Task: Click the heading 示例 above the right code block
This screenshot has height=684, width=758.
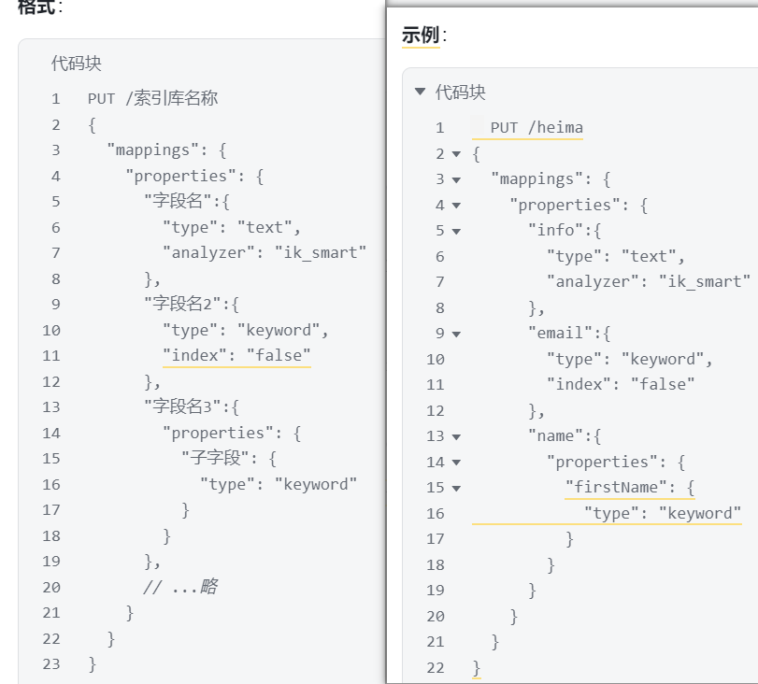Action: pos(420,36)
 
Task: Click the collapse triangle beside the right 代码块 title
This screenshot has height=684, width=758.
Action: pos(420,92)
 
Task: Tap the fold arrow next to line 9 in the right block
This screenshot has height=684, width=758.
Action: pos(456,334)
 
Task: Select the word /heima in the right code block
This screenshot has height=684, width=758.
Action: pos(555,128)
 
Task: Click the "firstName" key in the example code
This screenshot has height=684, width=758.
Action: pos(615,487)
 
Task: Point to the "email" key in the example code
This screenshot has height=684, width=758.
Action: pos(560,333)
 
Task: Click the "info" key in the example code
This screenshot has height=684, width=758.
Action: pos(556,230)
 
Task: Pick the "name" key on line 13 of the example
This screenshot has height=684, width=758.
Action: pos(556,436)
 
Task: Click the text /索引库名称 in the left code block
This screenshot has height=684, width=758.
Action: pos(172,98)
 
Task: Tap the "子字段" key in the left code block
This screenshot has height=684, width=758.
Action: pos(215,457)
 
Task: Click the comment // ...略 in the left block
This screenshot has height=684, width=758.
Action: pos(180,587)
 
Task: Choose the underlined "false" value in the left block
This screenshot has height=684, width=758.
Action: pos(279,355)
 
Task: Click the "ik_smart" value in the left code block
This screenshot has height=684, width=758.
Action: pos(320,252)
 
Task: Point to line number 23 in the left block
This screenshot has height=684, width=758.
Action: pos(51,664)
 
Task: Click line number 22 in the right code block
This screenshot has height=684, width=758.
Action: pos(435,668)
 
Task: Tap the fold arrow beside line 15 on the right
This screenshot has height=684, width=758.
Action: pos(456,488)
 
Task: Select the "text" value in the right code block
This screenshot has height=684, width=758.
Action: pos(649,256)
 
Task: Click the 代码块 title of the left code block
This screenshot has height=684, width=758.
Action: pos(77,64)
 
